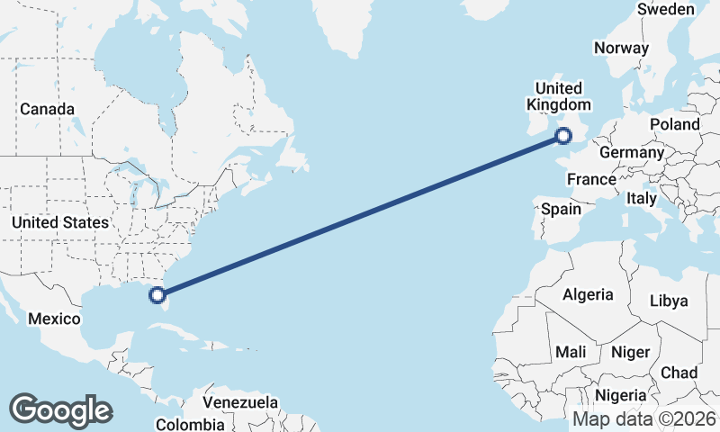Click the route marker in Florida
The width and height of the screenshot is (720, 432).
(x=157, y=294)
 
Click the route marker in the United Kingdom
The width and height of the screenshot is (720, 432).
(x=563, y=137)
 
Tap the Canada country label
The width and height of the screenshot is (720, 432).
(x=47, y=109)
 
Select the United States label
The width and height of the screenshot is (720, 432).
(x=60, y=221)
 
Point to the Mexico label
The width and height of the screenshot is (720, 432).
(x=55, y=319)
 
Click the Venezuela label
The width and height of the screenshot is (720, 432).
(x=241, y=402)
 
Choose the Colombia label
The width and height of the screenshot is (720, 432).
(x=190, y=424)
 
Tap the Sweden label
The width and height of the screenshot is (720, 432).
(x=665, y=9)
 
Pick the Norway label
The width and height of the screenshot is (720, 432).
(x=621, y=49)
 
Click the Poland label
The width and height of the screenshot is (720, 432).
(x=675, y=123)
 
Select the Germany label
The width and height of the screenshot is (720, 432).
(x=631, y=152)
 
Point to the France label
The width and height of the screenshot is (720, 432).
(x=591, y=179)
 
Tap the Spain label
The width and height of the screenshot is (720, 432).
(x=561, y=209)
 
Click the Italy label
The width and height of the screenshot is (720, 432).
(x=642, y=197)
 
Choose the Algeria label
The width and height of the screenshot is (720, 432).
(x=588, y=294)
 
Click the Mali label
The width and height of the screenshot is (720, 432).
(x=571, y=351)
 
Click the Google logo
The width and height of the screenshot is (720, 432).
(x=60, y=410)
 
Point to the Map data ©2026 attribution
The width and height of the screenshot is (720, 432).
(x=644, y=419)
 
